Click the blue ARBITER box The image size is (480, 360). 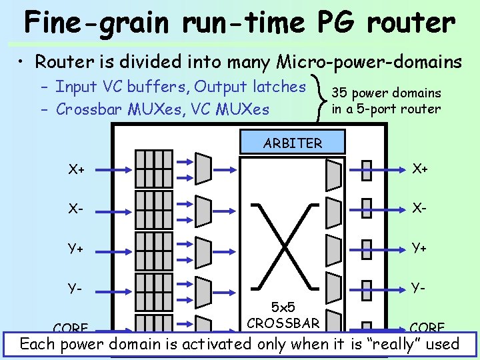tap(293, 143)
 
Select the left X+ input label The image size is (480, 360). tap(76, 169)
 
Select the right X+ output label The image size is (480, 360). tap(419, 169)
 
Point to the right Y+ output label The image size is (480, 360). tap(419, 248)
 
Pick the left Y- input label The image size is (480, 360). tap(76, 289)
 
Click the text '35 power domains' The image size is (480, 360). tap(387, 93)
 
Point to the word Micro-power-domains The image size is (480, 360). tap(369, 62)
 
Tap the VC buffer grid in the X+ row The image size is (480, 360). tap(153, 167)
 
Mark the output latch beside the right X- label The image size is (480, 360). tap(365, 208)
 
